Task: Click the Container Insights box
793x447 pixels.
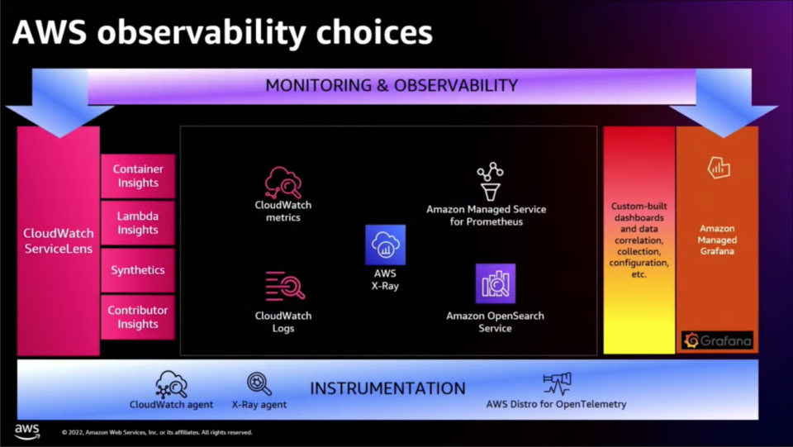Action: [x=138, y=176]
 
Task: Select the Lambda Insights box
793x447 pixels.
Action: [x=138, y=223]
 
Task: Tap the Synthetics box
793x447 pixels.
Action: [x=138, y=270]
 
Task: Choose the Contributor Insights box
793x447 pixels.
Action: [x=138, y=317]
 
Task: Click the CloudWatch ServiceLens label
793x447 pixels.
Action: [x=59, y=240]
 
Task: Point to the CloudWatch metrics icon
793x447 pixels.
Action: [x=283, y=182]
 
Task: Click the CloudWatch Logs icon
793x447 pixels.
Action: [x=285, y=286]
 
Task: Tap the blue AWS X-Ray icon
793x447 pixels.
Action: [x=386, y=245]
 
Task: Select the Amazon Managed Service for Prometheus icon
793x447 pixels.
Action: [x=490, y=182]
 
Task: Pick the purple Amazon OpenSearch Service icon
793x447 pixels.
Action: [x=496, y=283]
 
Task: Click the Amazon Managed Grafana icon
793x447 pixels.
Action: [x=718, y=168]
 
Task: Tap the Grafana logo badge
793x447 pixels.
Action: [x=717, y=340]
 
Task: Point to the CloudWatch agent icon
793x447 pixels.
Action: [x=172, y=384]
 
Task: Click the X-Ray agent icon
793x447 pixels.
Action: [x=259, y=384]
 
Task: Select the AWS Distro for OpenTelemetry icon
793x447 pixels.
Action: [x=557, y=383]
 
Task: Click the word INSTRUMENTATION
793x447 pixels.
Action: [x=387, y=388]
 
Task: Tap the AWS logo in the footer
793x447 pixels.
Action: [x=26, y=431]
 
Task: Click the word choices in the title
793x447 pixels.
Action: [x=374, y=32]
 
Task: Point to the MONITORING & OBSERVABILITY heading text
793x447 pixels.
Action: [x=392, y=85]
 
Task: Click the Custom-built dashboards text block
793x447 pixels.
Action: [x=639, y=240]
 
